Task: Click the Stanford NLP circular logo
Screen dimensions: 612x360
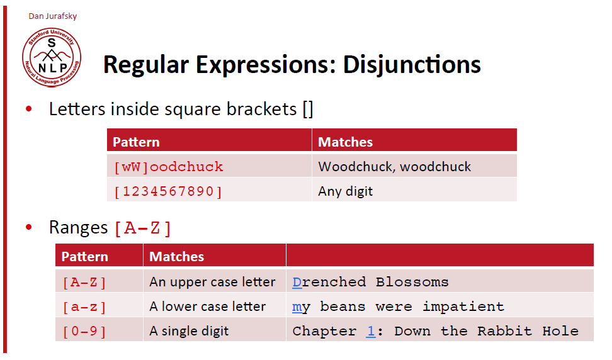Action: tap(52, 57)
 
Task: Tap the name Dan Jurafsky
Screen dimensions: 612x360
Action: tap(53, 16)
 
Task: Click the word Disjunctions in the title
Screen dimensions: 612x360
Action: tap(412, 65)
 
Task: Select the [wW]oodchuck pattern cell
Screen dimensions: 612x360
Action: tap(209, 167)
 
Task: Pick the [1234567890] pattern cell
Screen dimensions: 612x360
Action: tap(209, 191)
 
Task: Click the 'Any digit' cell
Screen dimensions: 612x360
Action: tap(414, 191)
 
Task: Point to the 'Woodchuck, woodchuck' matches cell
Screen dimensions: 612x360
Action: tap(414, 167)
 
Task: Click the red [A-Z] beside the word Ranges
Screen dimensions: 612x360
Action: tap(142, 228)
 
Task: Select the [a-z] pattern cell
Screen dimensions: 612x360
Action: tap(99, 307)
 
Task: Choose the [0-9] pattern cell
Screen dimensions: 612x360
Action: tap(99, 331)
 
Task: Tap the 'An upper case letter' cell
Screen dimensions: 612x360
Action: tap(215, 282)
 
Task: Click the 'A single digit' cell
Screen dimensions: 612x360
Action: tap(215, 331)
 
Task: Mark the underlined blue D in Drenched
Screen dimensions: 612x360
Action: tap(297, 282)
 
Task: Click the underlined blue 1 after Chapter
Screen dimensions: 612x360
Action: tap(371, 331)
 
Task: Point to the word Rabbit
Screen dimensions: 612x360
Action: tap(504, 331)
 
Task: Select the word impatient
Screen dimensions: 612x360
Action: tap(463, 307)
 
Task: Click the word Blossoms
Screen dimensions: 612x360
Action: tap(412, 282)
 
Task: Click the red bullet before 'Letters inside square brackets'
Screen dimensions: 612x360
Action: tap(28, 109)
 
